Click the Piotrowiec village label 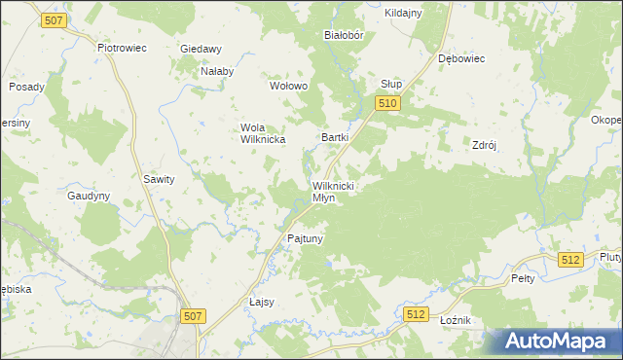tap(122, 47)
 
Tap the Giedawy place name tap(202, 49)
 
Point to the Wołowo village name tap(288, 86)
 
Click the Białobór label tap(344, 34)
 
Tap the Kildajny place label tap(403, 13)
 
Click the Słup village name tap(391, 84)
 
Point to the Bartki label tap(335, 138)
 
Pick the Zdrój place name tap(485, 145)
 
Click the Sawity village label tap(159, 179)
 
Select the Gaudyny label tap(89, 196)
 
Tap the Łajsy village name tap(262, 302)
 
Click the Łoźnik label tap(456, 320)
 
